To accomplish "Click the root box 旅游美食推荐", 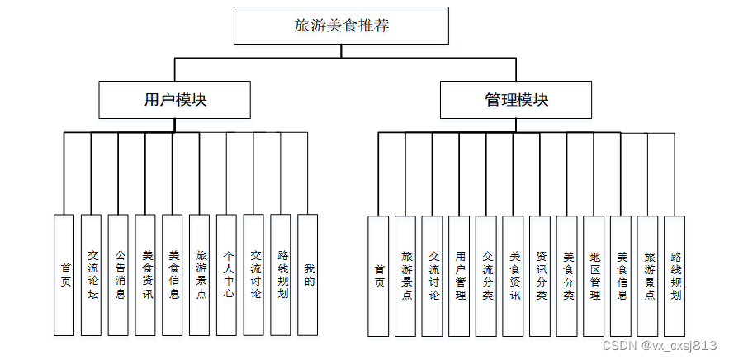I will point(341,26).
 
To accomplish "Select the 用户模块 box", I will point(174,100).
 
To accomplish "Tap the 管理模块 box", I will point(516,100).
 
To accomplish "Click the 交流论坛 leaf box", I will point(91,275).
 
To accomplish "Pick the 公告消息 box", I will point(118,275).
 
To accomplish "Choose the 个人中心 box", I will point(226,275).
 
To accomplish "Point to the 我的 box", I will point(308,275).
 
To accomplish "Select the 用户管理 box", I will point(459,276).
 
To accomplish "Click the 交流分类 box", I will point(486,276).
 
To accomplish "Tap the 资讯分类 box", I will point(540,276).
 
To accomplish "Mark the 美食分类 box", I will point(567,276).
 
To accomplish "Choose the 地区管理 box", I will point(594,276).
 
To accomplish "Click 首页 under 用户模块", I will point(64,275).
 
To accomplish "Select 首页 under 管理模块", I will point(378,276).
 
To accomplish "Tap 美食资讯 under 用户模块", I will point(145,275).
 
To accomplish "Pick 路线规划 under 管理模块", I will point(675,276).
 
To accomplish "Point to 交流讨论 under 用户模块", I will point(253,275).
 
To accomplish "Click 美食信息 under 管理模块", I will point(621,276).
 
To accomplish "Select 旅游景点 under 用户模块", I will point(199,275).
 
